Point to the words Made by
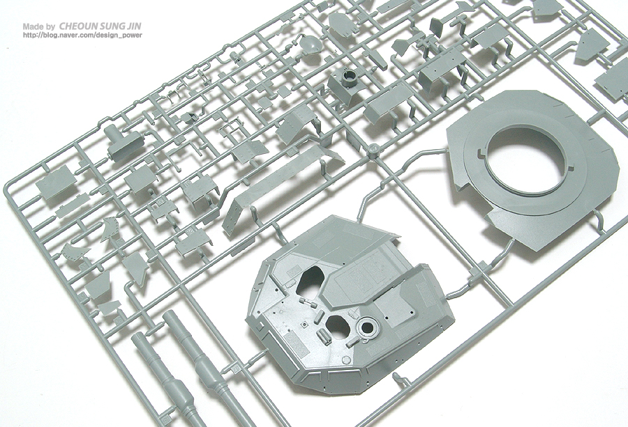point(39,26)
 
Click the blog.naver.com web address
point(82,36)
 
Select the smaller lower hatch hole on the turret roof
point(338,325)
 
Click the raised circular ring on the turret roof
point(367,327)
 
